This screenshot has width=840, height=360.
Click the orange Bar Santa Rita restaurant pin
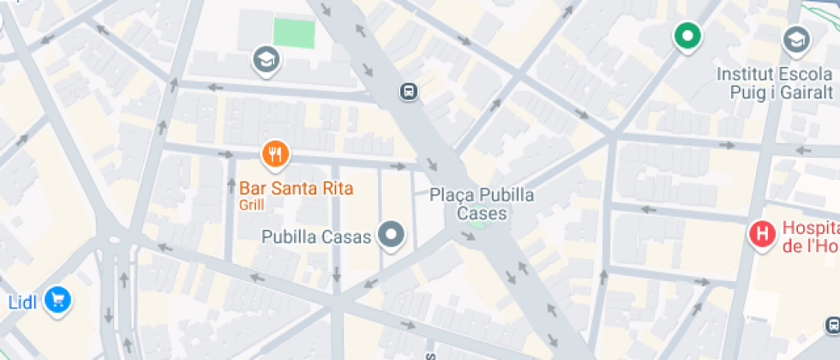[x=275, y=154]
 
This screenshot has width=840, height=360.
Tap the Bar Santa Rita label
[x=296, y=188]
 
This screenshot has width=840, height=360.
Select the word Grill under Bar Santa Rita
[x=252, y=205]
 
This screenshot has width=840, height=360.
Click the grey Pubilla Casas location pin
[x=393, y=235]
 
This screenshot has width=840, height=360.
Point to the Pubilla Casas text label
[x=316, y=236]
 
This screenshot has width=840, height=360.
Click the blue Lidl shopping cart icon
[x=58, y=299]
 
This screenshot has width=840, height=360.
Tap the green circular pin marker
[x=686, y=36]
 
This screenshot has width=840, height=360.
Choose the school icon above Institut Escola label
[x=795, y=39]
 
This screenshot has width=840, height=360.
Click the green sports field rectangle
[x=294, y=33]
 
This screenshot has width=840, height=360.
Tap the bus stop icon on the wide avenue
[x=409, y=91]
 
